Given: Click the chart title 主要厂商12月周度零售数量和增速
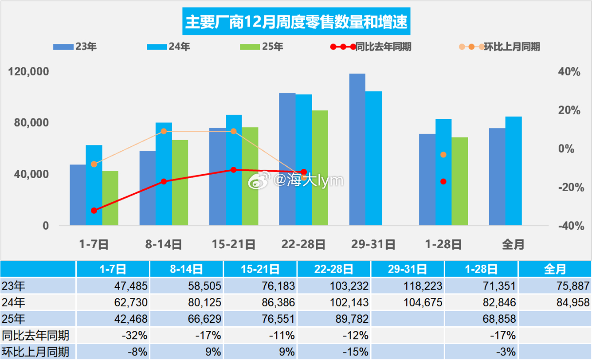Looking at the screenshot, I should click(x=296, y=22).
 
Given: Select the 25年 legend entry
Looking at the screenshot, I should click(x=261, y=47).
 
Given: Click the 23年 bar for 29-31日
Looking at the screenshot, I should click(x=357, y=149).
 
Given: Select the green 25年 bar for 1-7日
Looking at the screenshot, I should click(x=110, y=198).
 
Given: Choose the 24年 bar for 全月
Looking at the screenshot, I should click(x=514, y=171).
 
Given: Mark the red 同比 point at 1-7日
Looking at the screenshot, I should click(x=94, y=211).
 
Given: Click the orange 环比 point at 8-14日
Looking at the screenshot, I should click(x=164, y=131).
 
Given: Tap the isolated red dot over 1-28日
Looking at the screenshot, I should click(x=443, y=181).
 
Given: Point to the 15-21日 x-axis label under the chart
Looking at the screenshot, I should click(x=233, y=244).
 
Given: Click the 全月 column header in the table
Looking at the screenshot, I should click(x=554, y=269).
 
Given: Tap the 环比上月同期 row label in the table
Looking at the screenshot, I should click(x=35, y=352).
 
